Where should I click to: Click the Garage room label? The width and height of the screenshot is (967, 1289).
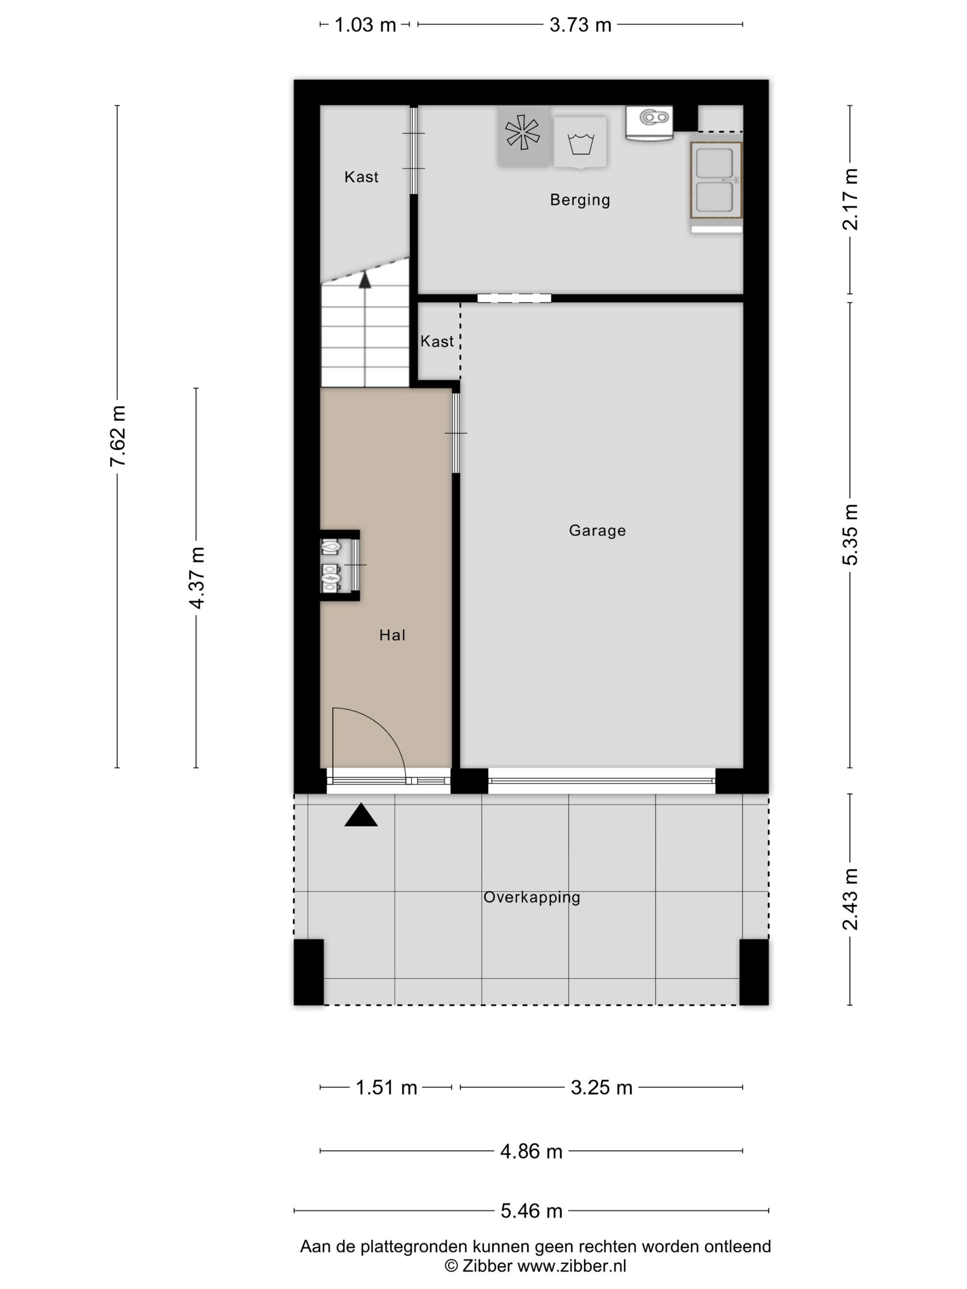point(597,530)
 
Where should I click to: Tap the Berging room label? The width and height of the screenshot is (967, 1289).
point(580,200)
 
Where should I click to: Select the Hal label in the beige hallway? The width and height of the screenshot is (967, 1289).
point(392,635)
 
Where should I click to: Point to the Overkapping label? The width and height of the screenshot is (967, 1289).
point(531,897)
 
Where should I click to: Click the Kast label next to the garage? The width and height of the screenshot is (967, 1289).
point(437,342)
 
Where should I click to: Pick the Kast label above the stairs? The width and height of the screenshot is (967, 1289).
point(361,177)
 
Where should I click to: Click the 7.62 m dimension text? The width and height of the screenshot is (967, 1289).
point(118,436)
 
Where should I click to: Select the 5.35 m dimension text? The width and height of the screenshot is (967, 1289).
point(850,534)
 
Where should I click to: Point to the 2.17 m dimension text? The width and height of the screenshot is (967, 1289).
point(850,199)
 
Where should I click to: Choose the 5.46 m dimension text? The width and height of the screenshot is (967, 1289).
point(531,1211)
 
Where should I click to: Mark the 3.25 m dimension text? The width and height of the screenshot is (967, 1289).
point(601,1088)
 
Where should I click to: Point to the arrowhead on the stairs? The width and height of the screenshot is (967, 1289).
point(365,280)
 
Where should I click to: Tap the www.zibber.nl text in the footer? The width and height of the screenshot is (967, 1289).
point(572,1265)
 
